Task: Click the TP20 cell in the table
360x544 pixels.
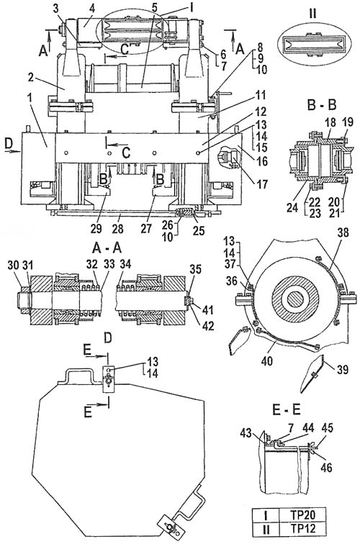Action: tap(302, 514)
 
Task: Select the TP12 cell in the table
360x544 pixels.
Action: tap(302, 528)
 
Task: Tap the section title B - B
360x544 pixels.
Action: tap(321, 104)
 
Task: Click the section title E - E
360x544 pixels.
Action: tap(286, 409)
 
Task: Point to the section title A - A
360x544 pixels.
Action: tap(107, 248)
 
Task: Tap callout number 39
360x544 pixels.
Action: tap(341, 370)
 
